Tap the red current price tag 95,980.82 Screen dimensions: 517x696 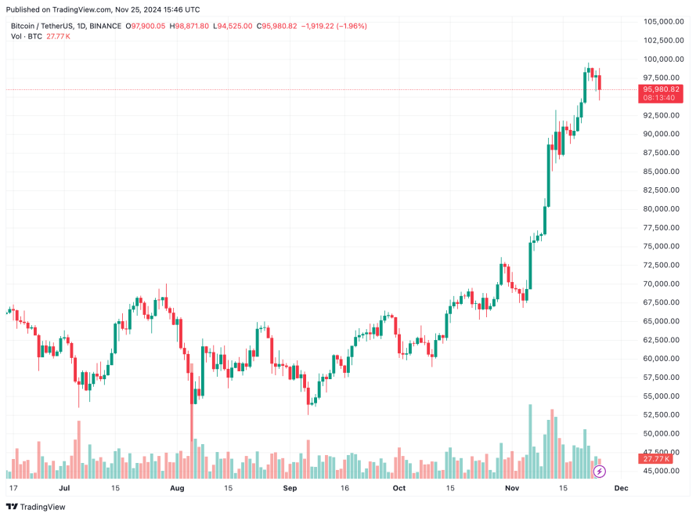[663, 89]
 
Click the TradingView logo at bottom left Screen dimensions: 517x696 [37, 507]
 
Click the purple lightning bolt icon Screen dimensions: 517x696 [600, 472]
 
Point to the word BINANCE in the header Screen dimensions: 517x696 [106, 26]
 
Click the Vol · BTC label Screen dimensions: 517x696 [27, 37]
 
